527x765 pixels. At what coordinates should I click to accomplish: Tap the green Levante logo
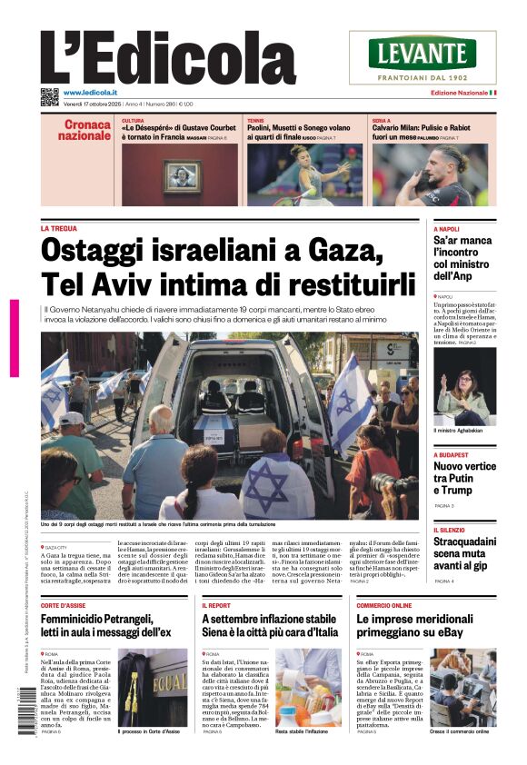coord(435,55)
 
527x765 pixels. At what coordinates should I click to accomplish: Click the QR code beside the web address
coord(49,95)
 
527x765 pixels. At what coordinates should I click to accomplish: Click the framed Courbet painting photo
coord(182,173)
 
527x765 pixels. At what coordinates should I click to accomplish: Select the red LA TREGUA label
coord(59,228)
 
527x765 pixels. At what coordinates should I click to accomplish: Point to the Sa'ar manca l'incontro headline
coord(462,258)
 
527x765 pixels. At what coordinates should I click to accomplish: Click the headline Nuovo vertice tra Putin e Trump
coord(464,478)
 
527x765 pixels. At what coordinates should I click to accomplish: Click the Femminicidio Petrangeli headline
coord(105,625)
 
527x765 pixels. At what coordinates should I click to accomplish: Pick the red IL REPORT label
coord(216,605)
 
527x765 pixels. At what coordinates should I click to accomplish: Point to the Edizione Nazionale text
coord(460,93)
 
